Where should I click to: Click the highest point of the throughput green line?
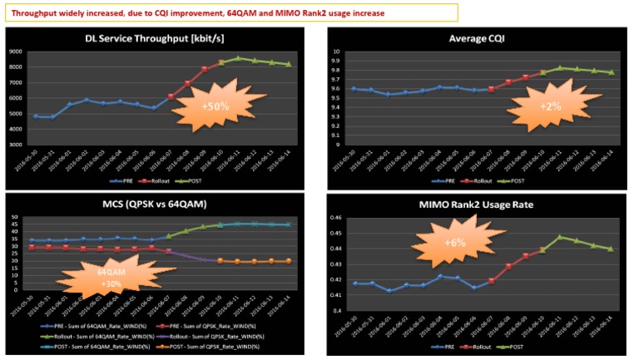(239, 58)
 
